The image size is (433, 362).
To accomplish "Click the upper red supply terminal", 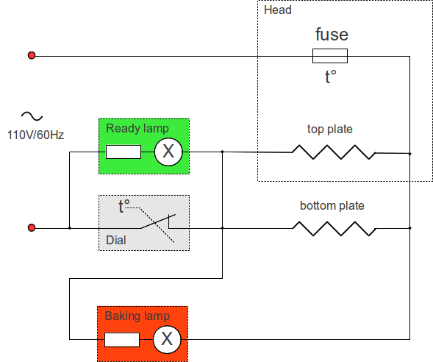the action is point(32,55).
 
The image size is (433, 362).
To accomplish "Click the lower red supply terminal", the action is point(32,227).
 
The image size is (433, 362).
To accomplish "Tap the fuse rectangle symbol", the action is point(330,56).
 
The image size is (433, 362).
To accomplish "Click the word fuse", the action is point(332,35).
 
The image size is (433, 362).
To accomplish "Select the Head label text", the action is point(278,10).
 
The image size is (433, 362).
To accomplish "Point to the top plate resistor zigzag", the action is point(334,152).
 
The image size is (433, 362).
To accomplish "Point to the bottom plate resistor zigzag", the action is point(334,229).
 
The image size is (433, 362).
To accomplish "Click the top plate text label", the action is point(330,129).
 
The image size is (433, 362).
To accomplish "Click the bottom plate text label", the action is point(332,205).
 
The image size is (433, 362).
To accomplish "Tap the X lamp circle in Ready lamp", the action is point(168,152).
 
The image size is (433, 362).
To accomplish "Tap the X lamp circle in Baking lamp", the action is point(167,339).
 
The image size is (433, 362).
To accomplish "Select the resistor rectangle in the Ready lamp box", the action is point(124,152).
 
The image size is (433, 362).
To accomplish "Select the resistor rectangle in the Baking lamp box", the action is point(122,340).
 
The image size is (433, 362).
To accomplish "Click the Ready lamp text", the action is point(137,129).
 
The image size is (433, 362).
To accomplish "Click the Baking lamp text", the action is point(137,316).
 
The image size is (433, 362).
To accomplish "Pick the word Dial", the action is point(116,240).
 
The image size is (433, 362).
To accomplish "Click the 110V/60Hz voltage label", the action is point(35,135).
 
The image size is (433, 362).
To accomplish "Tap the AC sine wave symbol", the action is point(32,116).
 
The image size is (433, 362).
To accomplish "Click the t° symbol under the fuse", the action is point(331,77).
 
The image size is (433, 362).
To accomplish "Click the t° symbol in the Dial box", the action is point(124,206).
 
